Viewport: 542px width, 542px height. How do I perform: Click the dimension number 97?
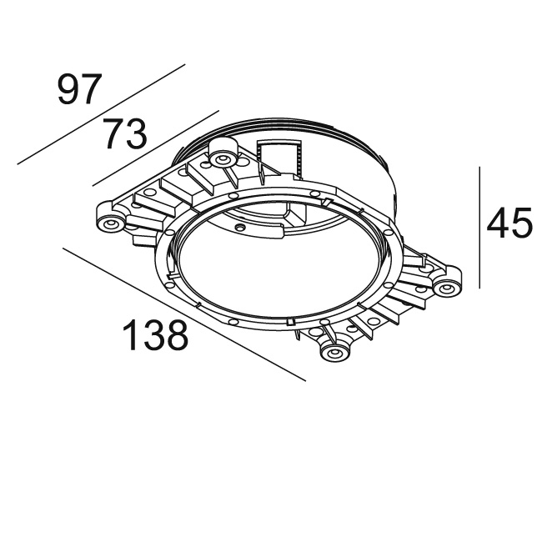[80, 89]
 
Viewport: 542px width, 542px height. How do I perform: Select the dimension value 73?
[125, 133]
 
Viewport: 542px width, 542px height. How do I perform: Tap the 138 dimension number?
[156, 336]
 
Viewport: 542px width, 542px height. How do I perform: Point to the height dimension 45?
[509, 223]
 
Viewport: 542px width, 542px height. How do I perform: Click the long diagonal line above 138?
[183, 313]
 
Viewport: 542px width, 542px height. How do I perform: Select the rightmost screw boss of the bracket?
[447, 288]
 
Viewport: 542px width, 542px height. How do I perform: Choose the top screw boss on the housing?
[223, 159]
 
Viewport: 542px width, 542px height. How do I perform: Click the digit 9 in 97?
[69, 89]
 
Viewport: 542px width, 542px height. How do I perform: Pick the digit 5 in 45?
[520, 223]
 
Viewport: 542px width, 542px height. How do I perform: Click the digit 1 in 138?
[131, 336]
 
